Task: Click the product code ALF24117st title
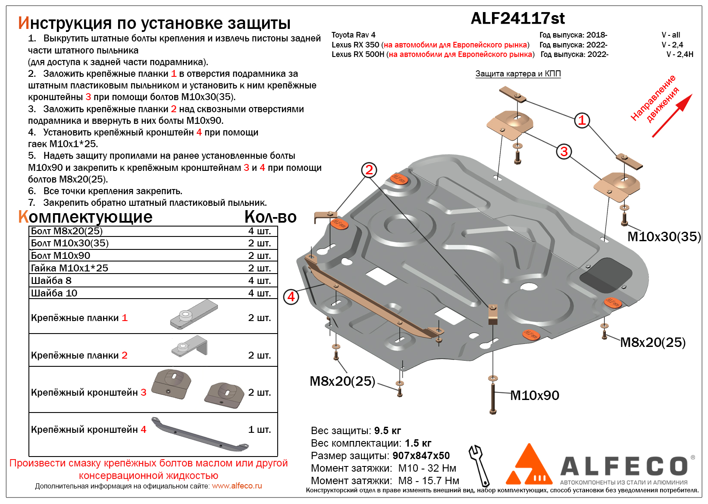pos(517,19)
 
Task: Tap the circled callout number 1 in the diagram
pos(582,120)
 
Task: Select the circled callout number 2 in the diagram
pos(369,170)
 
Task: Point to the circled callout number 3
pos(564,151)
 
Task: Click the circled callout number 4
pos(291,297)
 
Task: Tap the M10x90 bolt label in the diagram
pos(535,395)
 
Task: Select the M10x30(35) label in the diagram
pos(664,236)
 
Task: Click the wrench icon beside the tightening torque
pos(479,466)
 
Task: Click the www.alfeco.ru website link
pos(237,486)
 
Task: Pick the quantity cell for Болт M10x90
pos(259,255)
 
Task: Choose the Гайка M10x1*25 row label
pos(69,268)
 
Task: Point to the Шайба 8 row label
pos(51,280)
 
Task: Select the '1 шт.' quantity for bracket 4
pos(259,429)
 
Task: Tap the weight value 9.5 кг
pos(387,431)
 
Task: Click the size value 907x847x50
pos(421,456)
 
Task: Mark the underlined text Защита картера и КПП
pos(518,74)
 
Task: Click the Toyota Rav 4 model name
pos(353,35)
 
